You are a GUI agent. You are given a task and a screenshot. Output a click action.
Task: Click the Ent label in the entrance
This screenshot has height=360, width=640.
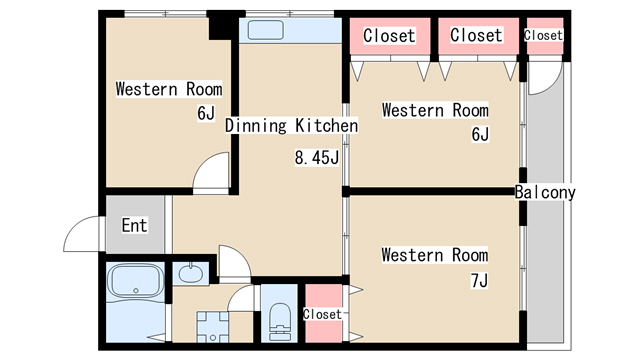click(134, 225)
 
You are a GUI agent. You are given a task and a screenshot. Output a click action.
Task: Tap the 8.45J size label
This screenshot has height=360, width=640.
click(317, 158)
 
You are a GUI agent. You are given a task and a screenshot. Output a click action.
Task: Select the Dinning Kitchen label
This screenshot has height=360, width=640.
click(291, 126)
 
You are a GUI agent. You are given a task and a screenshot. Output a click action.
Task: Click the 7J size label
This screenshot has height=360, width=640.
click(479, 281)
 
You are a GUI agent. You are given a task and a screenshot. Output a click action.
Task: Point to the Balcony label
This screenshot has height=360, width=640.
click(545, 192)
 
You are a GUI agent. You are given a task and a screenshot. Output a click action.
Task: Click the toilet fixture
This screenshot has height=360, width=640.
click(280, 321)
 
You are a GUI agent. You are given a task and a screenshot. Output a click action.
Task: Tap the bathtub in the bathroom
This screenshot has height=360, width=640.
click(135, 281)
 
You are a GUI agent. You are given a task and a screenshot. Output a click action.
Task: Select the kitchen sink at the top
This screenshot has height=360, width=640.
click(265, 30)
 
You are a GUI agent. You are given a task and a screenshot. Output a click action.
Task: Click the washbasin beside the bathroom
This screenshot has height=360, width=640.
click(190, 273)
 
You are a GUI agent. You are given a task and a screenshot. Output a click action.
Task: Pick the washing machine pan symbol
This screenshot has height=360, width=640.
click(212, 327)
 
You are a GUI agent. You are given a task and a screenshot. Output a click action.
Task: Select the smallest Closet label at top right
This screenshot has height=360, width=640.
click(543, 36)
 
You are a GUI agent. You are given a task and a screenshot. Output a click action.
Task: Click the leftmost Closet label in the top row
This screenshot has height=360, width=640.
click(389, 36)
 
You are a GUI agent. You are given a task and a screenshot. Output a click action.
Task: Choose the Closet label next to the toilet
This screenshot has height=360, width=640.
click(322, 314)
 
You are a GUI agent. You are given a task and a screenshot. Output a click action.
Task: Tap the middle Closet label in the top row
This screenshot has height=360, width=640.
click(476, 35)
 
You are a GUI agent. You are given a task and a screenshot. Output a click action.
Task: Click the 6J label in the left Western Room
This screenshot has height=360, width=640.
click(206, 113)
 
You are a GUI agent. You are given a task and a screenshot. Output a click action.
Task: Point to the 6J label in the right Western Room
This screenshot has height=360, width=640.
click(480, 134)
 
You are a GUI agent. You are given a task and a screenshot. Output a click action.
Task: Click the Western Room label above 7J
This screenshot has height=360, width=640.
click(435, 255)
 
